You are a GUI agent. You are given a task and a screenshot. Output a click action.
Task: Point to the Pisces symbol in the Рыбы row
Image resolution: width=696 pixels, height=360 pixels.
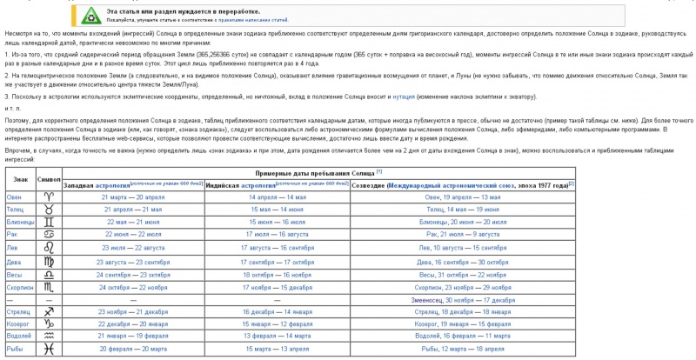pos(50,348)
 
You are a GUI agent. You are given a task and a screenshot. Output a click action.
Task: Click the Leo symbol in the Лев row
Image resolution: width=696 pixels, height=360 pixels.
pos(50,248)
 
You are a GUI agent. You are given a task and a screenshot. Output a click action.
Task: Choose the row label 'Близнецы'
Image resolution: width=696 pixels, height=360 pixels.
pos(21,223)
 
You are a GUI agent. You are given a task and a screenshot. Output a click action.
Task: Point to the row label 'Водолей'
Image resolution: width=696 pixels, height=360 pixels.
pos(20,336)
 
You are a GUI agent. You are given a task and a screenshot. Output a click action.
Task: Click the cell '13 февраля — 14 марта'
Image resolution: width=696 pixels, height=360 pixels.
pos(278,336)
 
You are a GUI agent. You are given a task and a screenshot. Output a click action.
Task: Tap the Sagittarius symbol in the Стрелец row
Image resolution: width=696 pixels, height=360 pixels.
pos(50,310)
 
